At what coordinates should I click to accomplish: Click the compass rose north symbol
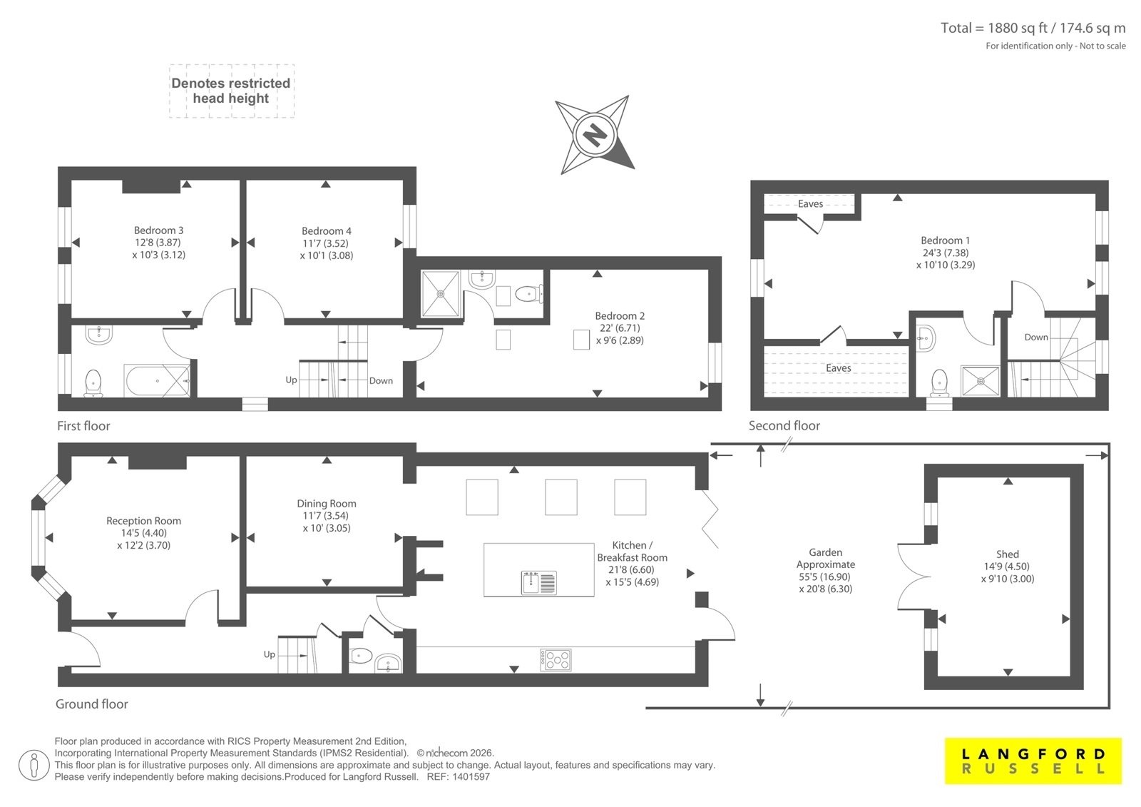595,135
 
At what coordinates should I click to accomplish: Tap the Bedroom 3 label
158,230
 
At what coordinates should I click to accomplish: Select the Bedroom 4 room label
326,231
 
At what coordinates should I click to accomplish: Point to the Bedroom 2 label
620,315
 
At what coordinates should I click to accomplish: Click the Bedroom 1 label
946,240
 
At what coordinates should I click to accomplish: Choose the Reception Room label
143,520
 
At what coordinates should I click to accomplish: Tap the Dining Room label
327,503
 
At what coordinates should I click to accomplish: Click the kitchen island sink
539,583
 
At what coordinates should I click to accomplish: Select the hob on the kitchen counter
556,660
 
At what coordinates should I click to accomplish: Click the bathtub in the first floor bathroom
158,380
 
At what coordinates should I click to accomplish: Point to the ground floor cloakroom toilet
361,656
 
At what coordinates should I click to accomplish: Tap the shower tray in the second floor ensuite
981,381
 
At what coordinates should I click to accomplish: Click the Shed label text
1008,554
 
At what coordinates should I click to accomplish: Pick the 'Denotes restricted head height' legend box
231,91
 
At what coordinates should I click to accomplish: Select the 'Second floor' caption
784,426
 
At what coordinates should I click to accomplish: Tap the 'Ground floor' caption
92,704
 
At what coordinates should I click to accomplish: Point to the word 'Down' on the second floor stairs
1036,337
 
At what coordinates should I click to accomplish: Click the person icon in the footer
34,765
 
